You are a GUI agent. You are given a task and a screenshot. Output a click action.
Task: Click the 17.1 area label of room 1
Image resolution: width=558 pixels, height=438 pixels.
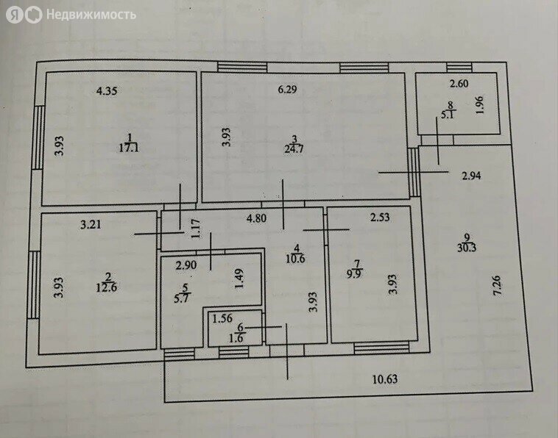129,148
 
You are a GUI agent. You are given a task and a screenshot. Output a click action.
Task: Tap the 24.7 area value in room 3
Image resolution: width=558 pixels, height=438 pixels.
294,148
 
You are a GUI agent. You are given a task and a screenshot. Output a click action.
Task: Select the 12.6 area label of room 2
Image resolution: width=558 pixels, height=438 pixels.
107,287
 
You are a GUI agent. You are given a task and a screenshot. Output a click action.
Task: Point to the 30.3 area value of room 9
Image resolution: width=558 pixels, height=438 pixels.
467,248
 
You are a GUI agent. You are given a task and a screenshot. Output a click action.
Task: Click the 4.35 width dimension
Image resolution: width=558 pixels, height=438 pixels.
107,91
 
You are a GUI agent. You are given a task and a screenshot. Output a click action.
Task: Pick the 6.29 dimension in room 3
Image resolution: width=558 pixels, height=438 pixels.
287,89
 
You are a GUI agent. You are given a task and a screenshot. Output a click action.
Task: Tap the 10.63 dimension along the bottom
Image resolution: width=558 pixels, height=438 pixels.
385,379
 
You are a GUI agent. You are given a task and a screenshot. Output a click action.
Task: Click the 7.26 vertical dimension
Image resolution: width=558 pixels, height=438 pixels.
497,285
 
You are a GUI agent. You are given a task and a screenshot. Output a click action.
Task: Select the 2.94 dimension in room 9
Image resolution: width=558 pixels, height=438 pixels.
471,176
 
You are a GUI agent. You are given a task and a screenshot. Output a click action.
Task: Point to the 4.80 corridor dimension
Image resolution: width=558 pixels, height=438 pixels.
256,218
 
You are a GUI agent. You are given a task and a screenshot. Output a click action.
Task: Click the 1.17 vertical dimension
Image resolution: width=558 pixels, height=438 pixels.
196,229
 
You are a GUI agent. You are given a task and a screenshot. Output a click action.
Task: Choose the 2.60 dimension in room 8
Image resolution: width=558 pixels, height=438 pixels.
459,84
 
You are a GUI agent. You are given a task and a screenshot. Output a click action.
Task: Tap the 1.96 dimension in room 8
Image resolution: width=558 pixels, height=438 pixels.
480,105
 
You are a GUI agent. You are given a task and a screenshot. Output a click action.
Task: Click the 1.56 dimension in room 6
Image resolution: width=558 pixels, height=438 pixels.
222,319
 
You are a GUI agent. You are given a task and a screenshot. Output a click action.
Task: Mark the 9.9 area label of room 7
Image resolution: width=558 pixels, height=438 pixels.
354,274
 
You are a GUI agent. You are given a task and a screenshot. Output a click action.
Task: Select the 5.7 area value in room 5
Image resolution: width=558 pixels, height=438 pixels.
182,298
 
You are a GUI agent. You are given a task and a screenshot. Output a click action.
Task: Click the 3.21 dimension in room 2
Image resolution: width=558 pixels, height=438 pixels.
91,224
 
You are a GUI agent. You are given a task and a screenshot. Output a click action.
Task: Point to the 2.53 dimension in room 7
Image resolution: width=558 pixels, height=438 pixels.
380,217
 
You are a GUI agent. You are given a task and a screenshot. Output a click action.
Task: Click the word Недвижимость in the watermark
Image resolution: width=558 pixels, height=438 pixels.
91,15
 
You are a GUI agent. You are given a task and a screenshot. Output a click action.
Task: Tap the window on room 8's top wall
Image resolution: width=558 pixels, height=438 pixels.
459,68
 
